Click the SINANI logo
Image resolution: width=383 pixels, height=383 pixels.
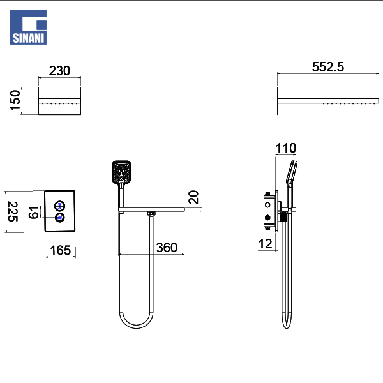pos(28,27)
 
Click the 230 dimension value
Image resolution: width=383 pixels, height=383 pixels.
pos(59,71)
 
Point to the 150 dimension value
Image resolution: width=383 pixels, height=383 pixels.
pos(15,100)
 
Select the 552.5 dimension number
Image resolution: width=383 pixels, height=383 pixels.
pos(328,67)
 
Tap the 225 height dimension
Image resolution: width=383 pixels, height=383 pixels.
pos(13,211)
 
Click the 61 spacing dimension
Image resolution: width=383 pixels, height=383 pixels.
pos(34,213)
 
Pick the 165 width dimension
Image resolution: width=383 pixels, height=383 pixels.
pos(60,250)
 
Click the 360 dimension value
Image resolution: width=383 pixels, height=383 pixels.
pos(167,248)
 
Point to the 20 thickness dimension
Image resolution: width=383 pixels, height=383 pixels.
pos(193,197)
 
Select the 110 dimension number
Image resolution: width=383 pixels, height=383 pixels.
pos(286,148)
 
